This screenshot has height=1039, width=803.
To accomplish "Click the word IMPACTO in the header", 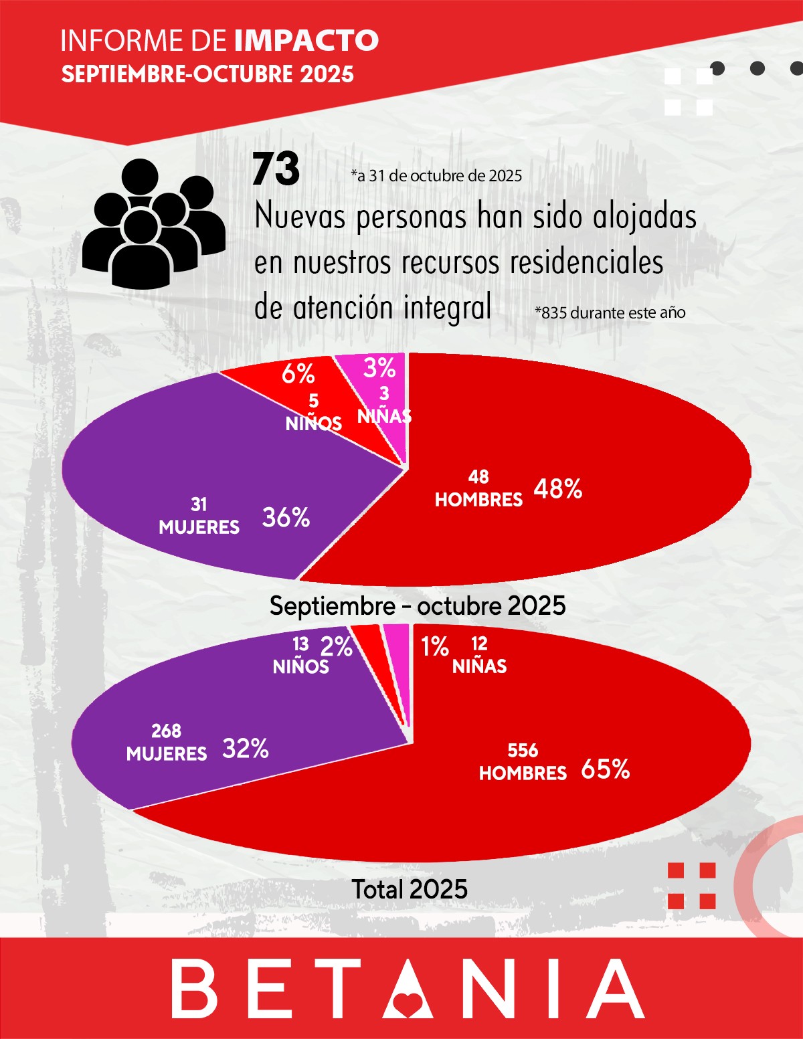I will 306,41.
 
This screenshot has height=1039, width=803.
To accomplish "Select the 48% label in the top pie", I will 557,489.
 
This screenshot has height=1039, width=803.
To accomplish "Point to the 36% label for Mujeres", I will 286,517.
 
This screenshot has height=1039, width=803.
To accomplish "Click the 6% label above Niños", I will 298,373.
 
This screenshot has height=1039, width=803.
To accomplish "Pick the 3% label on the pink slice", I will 379,368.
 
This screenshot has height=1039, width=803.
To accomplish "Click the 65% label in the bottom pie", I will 605,769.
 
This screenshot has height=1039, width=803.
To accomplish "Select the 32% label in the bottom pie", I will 246,749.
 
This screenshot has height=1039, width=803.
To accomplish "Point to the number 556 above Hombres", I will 523,751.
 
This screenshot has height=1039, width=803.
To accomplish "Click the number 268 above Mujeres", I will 166,731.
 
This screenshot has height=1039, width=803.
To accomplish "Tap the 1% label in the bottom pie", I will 434,646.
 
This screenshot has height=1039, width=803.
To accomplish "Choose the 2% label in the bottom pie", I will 336,646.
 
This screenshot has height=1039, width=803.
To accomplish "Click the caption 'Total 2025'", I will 410,889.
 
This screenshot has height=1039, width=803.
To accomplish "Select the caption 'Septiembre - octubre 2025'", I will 418,606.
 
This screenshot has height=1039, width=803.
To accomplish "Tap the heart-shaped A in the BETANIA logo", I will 408,989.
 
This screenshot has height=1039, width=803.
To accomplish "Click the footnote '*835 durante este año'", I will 610,312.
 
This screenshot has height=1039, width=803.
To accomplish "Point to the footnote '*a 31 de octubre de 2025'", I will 436,176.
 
